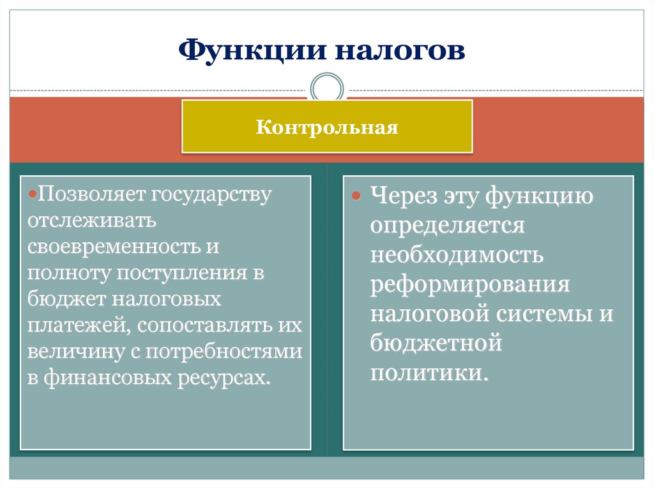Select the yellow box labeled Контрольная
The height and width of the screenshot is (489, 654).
(x=327, y=126)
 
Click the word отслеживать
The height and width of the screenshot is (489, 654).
(x=91, y=221)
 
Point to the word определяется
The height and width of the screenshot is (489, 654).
(x=446, y=226)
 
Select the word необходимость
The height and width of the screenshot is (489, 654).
(x=456, y=255)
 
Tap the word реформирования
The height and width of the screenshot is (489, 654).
(x=469, y=284)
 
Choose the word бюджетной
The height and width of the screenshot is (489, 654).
(x=436, y=343)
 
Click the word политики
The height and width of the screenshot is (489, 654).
(x=429, y=372)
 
